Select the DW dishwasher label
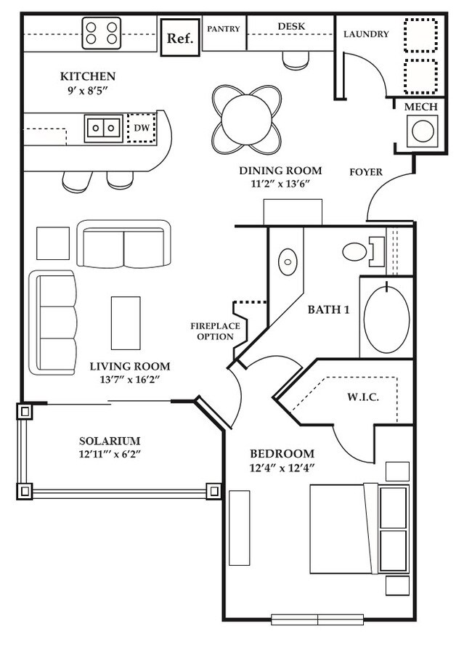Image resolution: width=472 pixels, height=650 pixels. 142,128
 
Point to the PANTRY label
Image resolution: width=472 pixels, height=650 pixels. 224,29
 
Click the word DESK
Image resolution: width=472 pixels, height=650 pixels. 291,27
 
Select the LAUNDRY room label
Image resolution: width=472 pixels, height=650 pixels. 366,34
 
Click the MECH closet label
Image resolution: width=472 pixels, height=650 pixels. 420,107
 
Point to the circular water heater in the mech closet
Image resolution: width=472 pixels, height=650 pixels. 420,132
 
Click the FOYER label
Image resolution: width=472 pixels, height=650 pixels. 366,172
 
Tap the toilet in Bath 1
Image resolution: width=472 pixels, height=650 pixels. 356,252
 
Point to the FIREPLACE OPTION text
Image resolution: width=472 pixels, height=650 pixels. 212,331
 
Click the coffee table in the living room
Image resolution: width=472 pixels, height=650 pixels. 125,322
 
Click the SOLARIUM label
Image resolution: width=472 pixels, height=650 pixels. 110,441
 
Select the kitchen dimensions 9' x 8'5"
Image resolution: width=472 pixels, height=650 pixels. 87,91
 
